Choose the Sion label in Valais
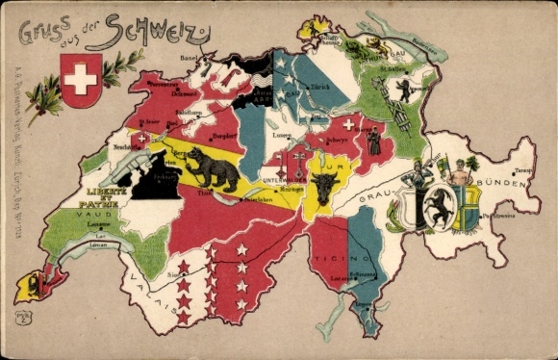(x=174, y=274)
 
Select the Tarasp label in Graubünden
(x=521, y=169)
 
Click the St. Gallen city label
(x=393, y=69)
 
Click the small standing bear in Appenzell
(x=405, y=90)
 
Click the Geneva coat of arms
(x=29, y=285)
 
